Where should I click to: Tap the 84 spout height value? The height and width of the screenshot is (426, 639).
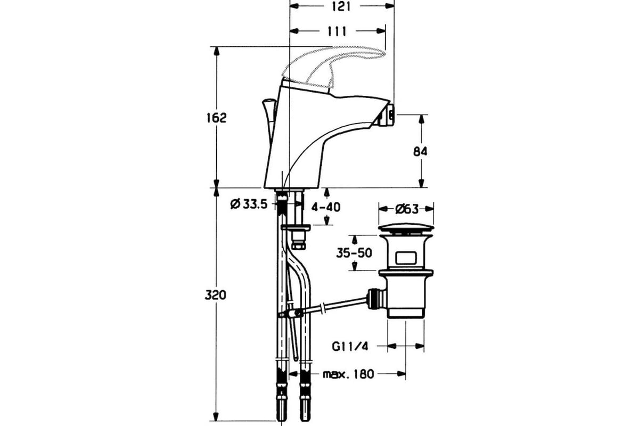click(x=421, y=151)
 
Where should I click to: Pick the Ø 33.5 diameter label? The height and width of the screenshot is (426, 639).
click(x=248, y=203)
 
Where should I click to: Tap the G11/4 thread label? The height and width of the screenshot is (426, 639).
click(x=350, y=347)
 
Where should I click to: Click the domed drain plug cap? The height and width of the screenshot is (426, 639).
click(x=406, y=229)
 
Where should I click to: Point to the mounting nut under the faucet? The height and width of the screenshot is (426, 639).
click(x=296, y=230)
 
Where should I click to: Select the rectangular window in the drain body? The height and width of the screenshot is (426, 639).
click(x=406, y=260)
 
